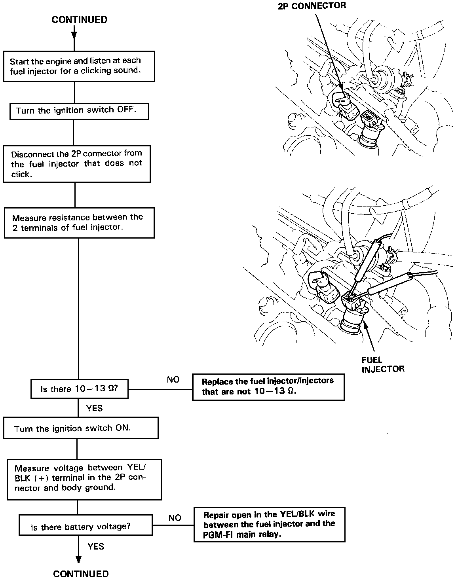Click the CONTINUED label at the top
(x=80, y=20)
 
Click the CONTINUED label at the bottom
(x=81, y=574)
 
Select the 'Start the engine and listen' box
(x=79, y=66)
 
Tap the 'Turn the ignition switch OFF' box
(x=79, y=110)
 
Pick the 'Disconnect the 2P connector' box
(x=77, y=164)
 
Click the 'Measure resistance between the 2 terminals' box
(x=79, y=223)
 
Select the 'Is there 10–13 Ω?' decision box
(x=79, y=389)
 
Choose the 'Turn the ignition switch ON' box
(x=81, y=428)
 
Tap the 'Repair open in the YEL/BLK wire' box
(x=269, y=525)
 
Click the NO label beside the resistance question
(x=173, y=380)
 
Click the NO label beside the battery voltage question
(x=175, y=518)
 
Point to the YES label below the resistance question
(x=94, y=408)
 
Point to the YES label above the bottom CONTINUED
(x=95, y=546)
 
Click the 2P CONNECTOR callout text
(x=312, y=6)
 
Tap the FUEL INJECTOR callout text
(x=383, y=364)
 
